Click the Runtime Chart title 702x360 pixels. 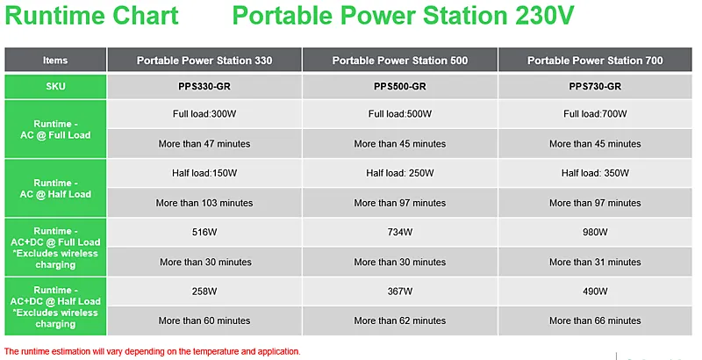point(91,15)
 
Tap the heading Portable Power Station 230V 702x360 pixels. point(403,15)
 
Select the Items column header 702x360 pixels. point(55,60)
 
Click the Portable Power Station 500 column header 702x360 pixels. point(400,60)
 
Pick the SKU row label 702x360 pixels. point(55,86)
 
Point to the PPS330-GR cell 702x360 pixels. point(204,86)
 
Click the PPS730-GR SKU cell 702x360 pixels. point(595,86)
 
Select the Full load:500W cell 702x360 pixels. point(400,114)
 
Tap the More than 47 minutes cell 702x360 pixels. point(204,144)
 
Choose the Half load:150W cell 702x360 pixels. point(204,173)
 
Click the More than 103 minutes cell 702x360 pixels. point(204,203)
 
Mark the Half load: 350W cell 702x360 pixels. point(595,173)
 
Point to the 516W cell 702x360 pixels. point(204,233)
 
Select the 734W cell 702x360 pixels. point(400,233)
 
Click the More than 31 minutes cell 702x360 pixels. point(595,262)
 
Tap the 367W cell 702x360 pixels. point(400,292)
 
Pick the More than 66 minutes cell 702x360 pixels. point(595,320)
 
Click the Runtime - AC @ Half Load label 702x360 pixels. point(55,189)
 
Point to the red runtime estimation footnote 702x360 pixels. point(152,351)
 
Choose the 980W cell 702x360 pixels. point(595,233)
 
